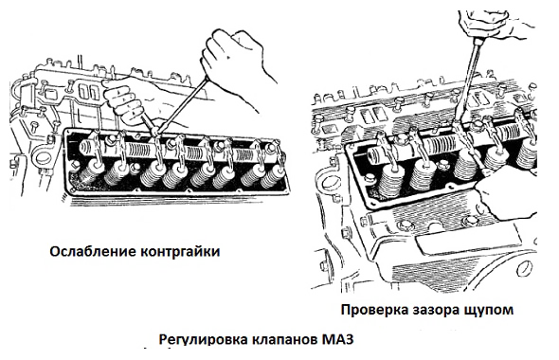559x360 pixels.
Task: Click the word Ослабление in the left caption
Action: (x=93, y=252)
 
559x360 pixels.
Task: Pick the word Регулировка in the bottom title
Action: (x=204, y=339)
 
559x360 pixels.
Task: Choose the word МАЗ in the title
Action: (x=337, y=338)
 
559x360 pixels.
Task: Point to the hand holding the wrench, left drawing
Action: (x=123, y=101)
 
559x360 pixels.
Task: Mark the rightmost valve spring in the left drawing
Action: (x=274, y=176)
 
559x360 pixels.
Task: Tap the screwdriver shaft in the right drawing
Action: (x=468, y=83)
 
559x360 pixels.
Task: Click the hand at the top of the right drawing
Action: (x=496, y=26)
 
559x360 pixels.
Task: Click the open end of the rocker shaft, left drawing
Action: (x=85, y=147)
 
